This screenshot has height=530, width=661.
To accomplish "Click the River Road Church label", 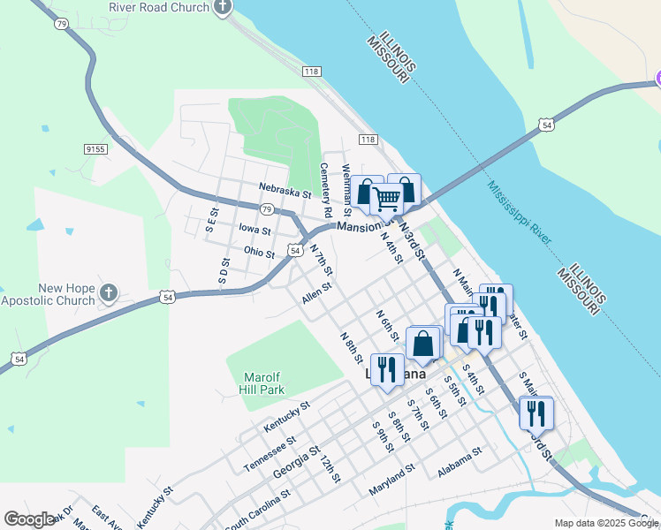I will (159, 7).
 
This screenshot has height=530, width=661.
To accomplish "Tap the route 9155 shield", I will (96, 150).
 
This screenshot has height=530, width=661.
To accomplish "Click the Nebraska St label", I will (285, 189).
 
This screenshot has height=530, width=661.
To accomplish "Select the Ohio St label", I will (259, 253).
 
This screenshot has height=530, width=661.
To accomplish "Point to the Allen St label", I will (316, 293).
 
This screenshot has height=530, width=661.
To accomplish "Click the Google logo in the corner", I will (29, 519).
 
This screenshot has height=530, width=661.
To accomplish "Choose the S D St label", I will (225, 272).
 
